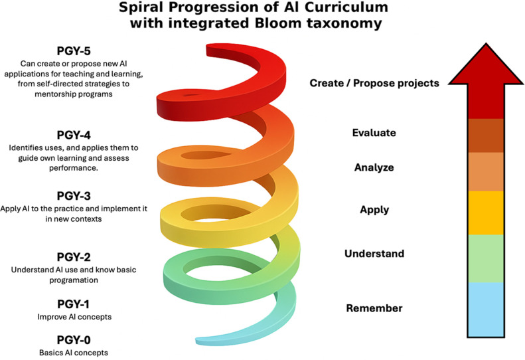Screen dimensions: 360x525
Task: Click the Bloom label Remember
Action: (374, 308)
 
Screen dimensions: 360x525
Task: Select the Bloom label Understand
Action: (374, 254)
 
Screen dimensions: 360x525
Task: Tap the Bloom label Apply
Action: (374, 210)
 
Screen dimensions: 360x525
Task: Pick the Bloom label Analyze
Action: (374, 167)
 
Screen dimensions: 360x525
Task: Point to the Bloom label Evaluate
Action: (374, 133)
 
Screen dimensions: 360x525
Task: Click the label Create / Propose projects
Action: (374, 83)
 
